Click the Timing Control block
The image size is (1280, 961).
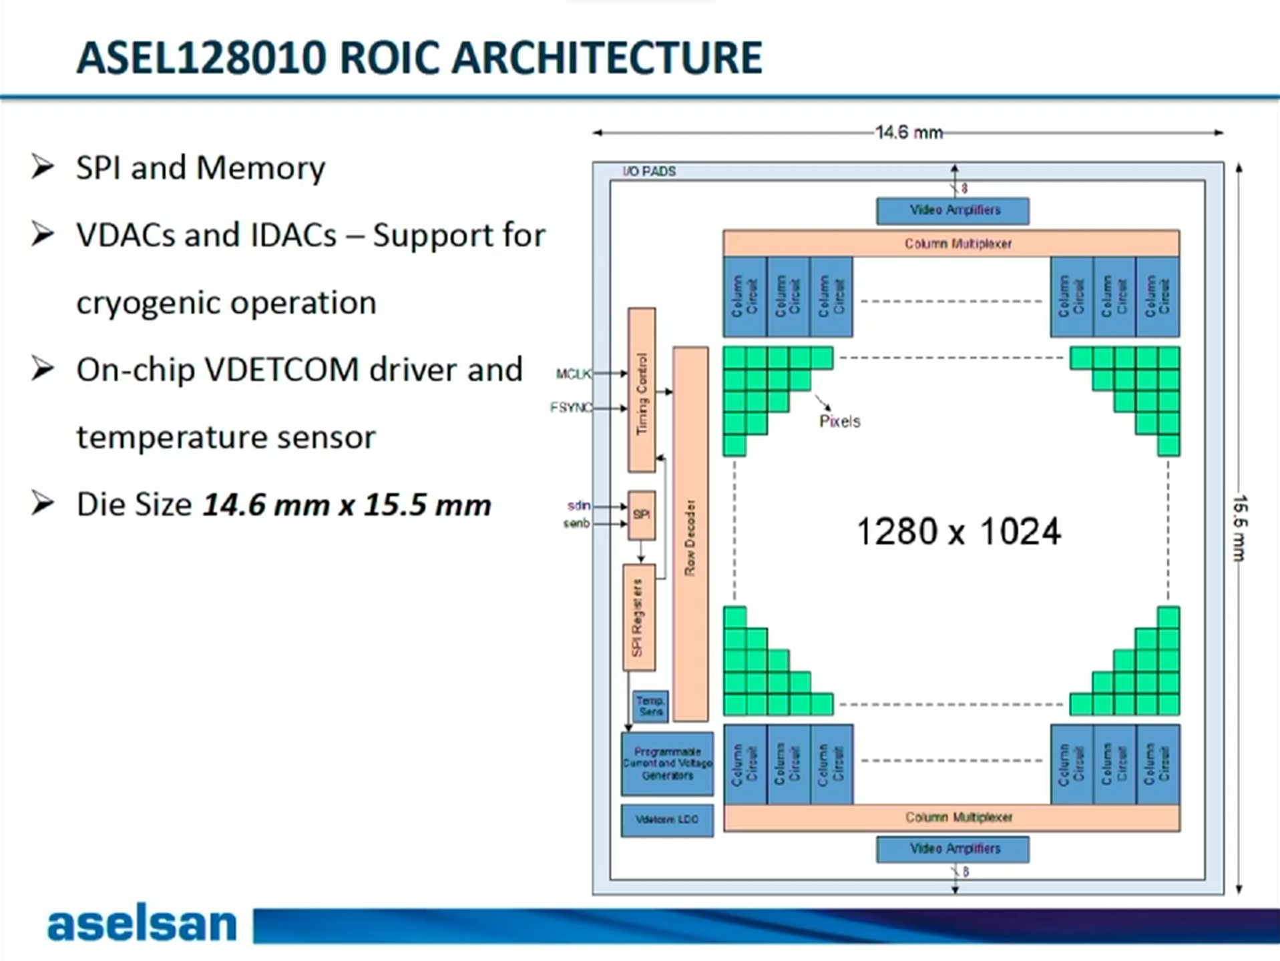(x=641, y=390)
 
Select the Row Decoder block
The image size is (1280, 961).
(x=690, y=534)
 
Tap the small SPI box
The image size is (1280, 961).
(x=641, y=515)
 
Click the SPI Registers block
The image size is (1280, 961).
(x=638, y=617)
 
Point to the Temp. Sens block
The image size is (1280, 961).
(x=650, y=706)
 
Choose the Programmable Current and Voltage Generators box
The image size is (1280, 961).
(x=667, y=763)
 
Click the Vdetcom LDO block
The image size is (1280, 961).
(x=666, y=820)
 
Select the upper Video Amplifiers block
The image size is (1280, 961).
(x=952, y=211)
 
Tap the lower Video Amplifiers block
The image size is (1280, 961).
(x=952, y=849)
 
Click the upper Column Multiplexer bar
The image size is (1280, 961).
(x=951, y=244)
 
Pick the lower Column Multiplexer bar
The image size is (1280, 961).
(x=951, y=818)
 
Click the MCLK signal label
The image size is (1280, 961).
(x=573, y=374)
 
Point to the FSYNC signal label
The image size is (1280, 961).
(x=570, y=407)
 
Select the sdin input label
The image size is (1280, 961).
(x=578, y=506)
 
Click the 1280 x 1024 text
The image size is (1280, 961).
(x=957, y=532)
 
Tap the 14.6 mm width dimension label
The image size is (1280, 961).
(x=908, y=133)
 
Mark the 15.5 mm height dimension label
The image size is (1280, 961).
(x=1239, y=527)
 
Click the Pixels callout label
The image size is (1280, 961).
(x=839, y=422)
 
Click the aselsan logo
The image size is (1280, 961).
(x=142, y=924)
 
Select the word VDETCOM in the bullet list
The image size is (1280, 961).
(x=282, y=370)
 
